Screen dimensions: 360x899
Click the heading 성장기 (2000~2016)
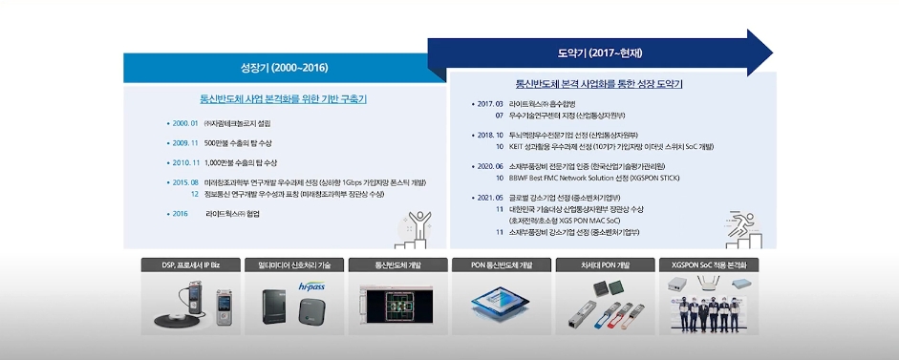284,69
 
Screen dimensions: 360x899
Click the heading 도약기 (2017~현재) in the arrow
586,53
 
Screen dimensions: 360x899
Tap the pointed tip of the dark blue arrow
770,53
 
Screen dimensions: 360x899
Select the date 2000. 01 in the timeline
182,123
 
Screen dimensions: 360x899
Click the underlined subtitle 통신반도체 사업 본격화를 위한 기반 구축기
284,98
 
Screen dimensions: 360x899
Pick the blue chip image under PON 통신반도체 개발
497,304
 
